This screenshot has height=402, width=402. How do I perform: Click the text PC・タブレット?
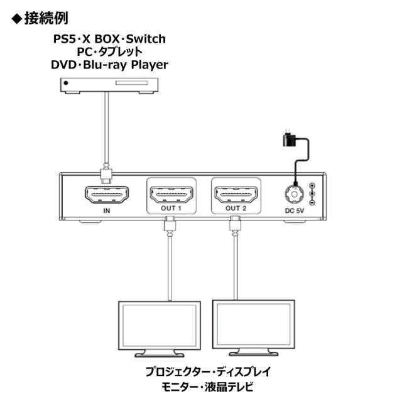[110, 52]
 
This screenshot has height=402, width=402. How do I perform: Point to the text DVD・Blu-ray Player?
[110, 64]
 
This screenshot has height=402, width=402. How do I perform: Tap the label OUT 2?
[236, 209]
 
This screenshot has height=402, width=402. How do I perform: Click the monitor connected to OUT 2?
[253, 323]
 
